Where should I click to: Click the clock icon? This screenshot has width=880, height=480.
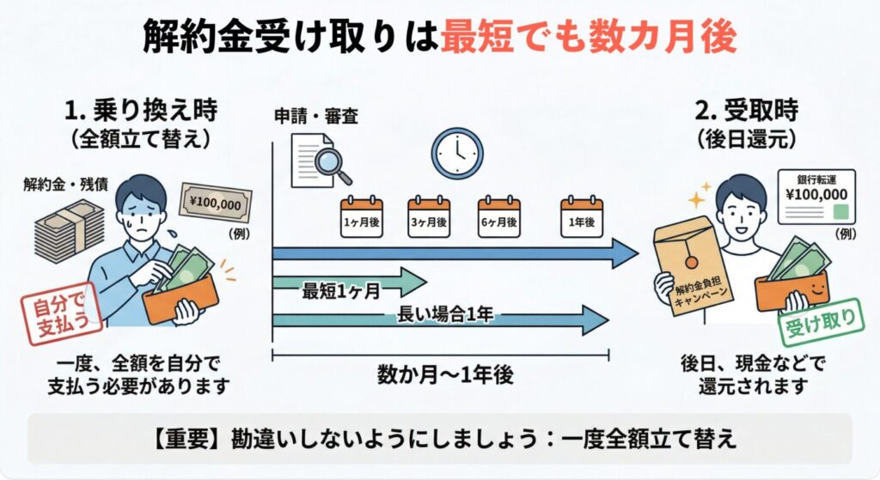coord(455,154)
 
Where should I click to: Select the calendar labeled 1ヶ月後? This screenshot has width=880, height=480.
coord(361,215)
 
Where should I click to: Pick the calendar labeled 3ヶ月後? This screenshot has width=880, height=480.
coord(429,215)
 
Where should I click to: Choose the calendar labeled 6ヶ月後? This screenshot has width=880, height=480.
coord(498,215)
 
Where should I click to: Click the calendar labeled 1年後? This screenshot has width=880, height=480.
coord(581,215)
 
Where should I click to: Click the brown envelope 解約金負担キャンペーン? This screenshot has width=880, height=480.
coord(692,262)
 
